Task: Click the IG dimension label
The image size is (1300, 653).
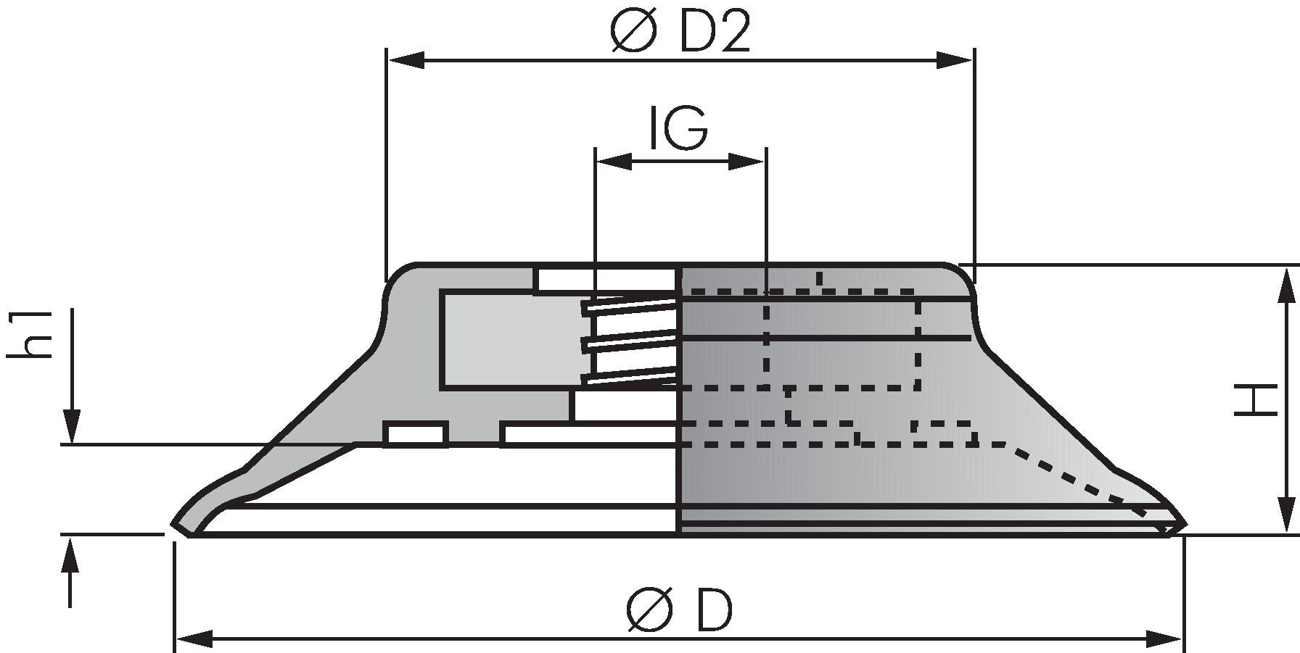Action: (678, 128)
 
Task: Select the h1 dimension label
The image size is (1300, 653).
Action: (30, 333)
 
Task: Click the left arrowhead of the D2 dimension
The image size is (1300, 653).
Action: (406, 60)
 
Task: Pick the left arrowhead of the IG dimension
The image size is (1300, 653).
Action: (613, 162)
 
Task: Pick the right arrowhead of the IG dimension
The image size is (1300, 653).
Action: (747, 162)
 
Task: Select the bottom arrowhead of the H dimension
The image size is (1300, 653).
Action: (1286, 516)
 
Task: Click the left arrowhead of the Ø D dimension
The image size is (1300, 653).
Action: (194, 639)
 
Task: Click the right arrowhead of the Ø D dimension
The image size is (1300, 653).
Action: (1164, 639)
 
